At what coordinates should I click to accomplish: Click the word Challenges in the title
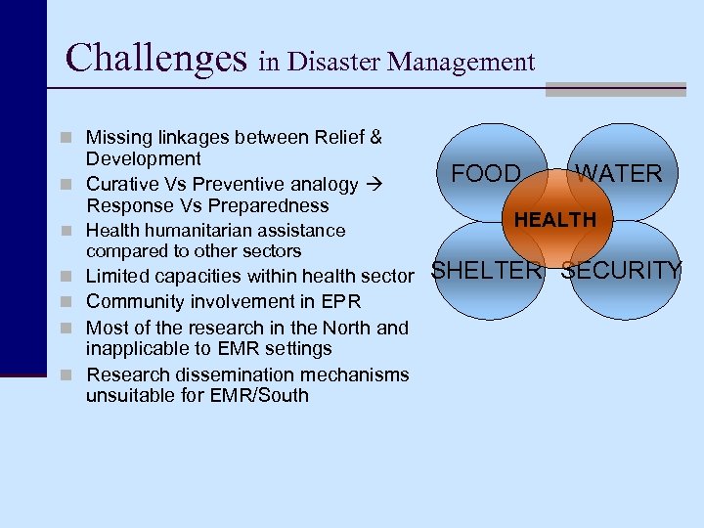[155, 58]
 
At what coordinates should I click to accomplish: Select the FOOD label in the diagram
[486, 174]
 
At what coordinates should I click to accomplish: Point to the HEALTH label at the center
[554, 220]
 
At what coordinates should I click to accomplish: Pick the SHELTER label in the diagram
[486, 271]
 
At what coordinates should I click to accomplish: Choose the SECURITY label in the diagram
[621, 271]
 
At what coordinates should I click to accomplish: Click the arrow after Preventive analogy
[372, 184]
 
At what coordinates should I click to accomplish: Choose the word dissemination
[230, 374]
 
